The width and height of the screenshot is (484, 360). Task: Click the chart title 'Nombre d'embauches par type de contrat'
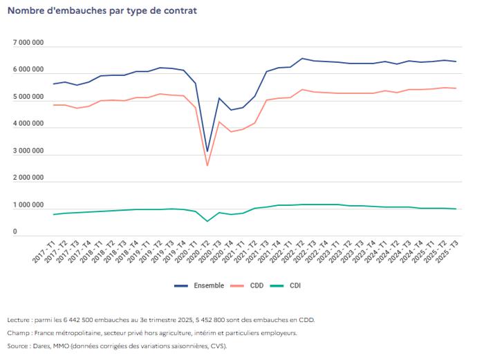tap(102, 11)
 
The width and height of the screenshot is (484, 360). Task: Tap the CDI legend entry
tap(295, 285)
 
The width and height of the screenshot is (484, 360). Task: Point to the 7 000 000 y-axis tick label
tap(28, 44)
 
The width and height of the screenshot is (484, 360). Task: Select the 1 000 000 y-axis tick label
tap(28, 206)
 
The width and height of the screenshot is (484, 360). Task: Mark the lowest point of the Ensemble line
tap(207, 151)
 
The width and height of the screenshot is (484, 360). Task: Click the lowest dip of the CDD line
tap(207, 165)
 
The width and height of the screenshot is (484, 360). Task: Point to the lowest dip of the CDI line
tap(207, 221)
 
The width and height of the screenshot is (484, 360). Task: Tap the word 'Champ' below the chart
tap(17, 332)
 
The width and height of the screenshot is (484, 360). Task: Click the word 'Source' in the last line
tap(18, 345)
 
